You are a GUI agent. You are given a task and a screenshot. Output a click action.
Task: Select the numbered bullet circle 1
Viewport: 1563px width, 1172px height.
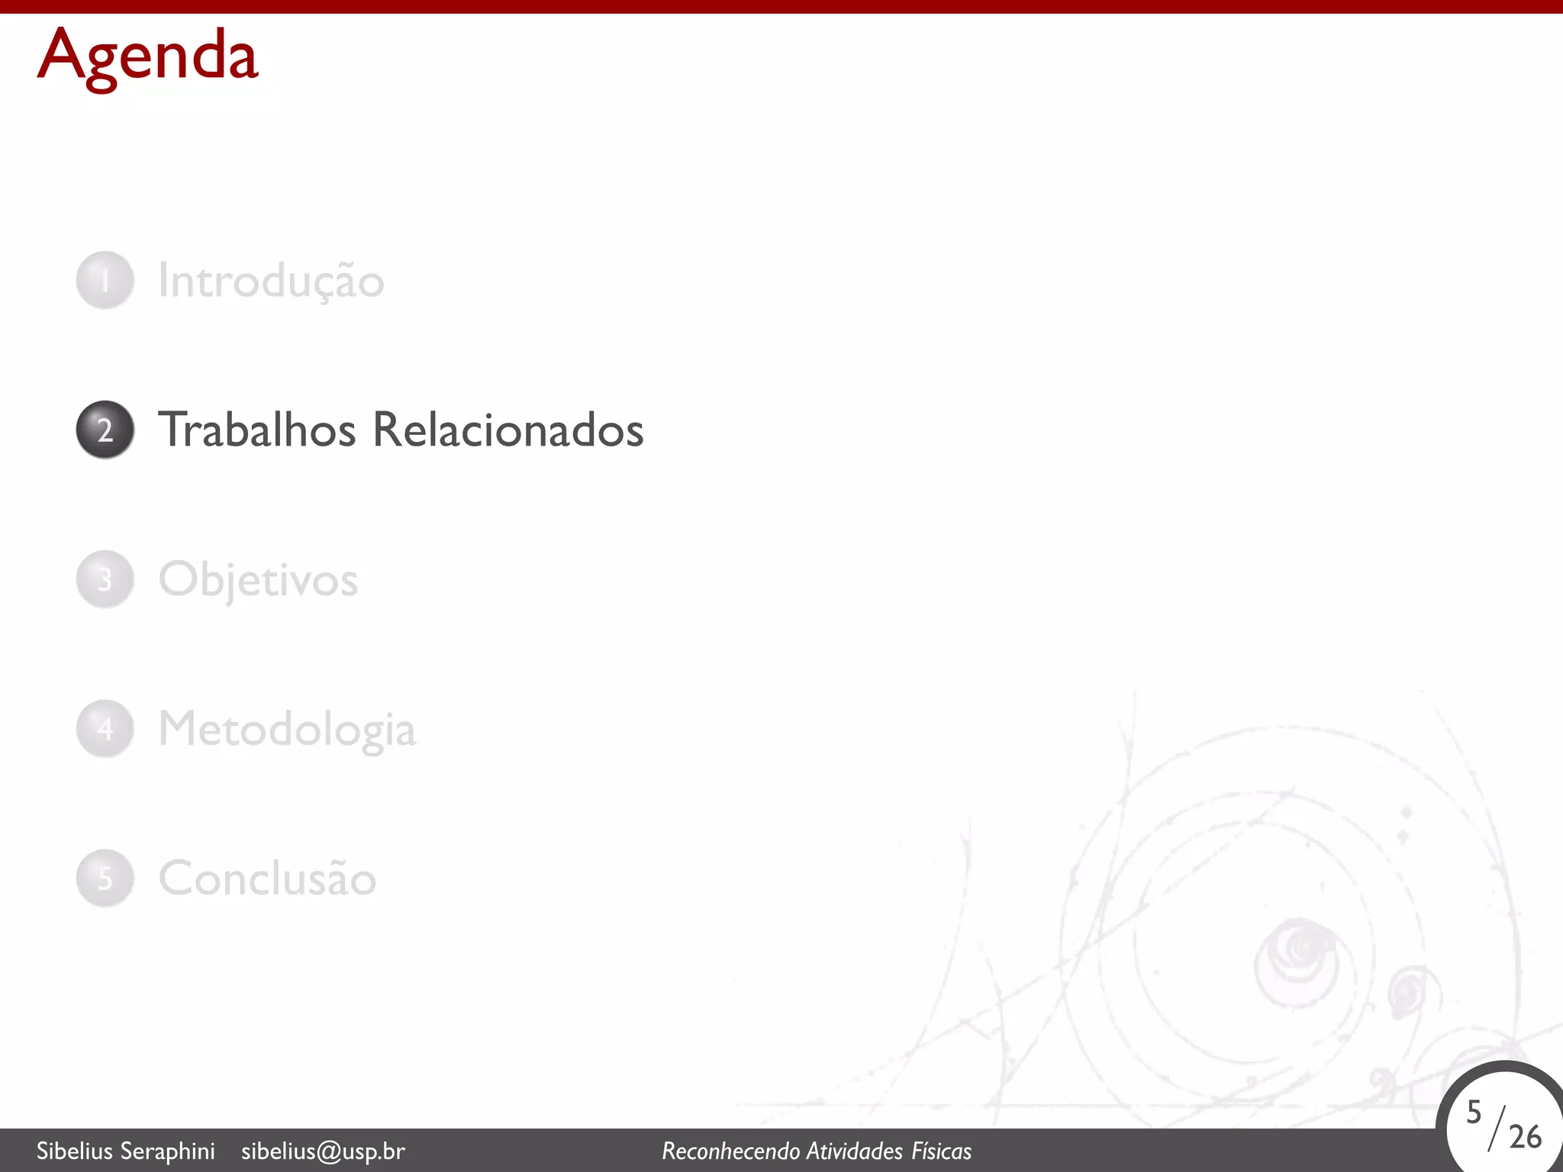[x=105, y=280]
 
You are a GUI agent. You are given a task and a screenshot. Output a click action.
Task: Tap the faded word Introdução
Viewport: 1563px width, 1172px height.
[x=271, y=281]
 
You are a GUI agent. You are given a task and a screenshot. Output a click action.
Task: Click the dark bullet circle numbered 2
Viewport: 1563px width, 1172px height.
[x=105, y=430]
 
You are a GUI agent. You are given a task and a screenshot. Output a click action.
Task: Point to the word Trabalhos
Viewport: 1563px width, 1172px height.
[x=256, y=430]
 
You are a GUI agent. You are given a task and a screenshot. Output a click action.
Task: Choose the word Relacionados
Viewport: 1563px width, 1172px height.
[x=508, y=430]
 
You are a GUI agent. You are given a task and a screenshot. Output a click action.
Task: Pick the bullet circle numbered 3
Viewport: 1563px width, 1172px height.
[x=105, y=579]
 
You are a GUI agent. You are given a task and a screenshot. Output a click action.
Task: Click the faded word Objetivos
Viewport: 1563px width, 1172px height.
[x=258, y=580]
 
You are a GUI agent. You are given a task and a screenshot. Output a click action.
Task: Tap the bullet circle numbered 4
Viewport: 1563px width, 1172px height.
[x=105, y=729]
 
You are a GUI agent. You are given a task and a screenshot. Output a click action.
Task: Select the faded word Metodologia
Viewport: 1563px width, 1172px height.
[x=287, y=729]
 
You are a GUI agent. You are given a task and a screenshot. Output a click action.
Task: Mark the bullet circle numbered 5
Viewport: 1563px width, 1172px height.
[x=105, y=878]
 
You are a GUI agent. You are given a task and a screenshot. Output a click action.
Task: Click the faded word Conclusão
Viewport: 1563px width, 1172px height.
[x=267, y=878]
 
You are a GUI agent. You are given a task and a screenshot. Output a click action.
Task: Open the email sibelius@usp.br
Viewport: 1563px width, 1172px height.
[x=323, y=1151]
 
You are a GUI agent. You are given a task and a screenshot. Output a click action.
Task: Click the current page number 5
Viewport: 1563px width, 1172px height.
[x=1474, y=1112]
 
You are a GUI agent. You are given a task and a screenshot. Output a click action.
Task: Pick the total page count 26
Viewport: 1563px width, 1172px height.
[x=1525, y=1137]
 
